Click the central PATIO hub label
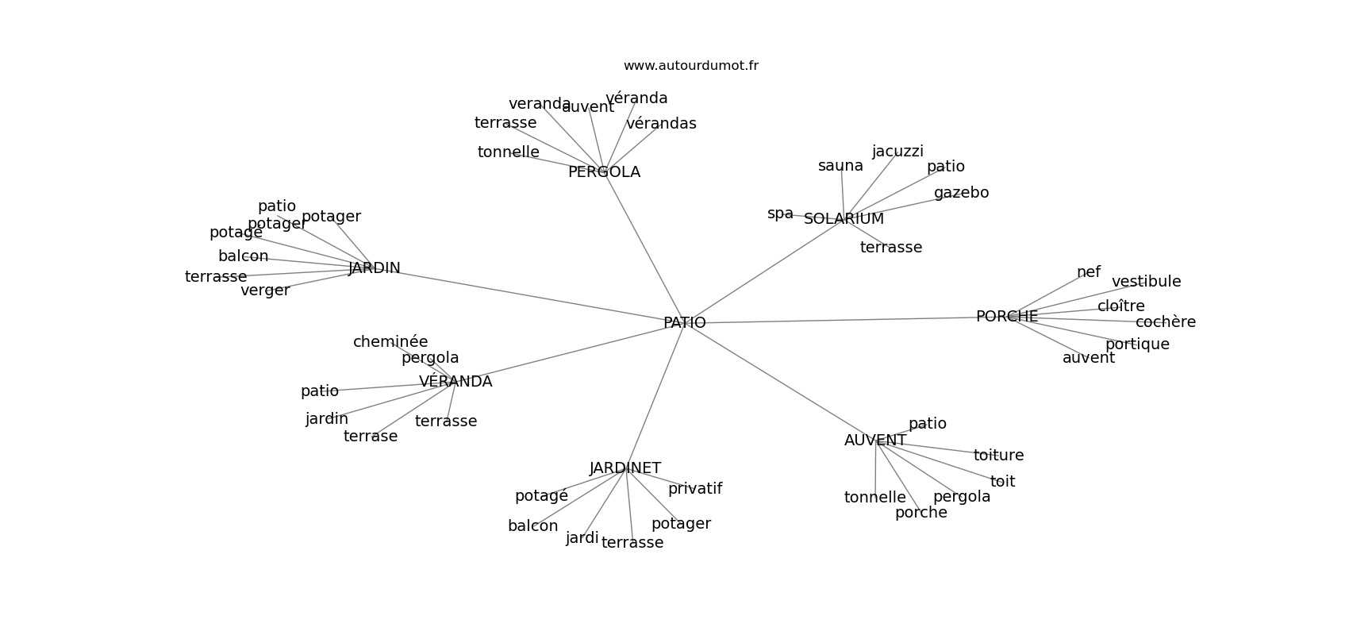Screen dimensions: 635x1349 point(684,323)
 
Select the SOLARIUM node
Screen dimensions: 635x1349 point(844,219)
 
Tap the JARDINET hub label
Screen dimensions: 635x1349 point(625,468)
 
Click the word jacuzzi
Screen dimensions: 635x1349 point(897,152)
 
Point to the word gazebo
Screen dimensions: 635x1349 point(961,193)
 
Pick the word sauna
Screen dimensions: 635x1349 point(840,166)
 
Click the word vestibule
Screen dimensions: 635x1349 point(1146,282)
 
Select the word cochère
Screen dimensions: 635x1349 point(1165,322)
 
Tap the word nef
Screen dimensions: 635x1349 point(1088,272)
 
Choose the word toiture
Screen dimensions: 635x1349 point(998,456)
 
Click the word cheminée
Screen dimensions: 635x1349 point(390,342)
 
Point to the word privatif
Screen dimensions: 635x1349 point(694,489)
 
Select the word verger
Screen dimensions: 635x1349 point(265,291)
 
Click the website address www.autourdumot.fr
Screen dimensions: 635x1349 point(690,66)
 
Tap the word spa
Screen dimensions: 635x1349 point(780,214)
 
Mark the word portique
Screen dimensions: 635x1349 point(1137,344)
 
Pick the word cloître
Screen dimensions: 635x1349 point(1120,306)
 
